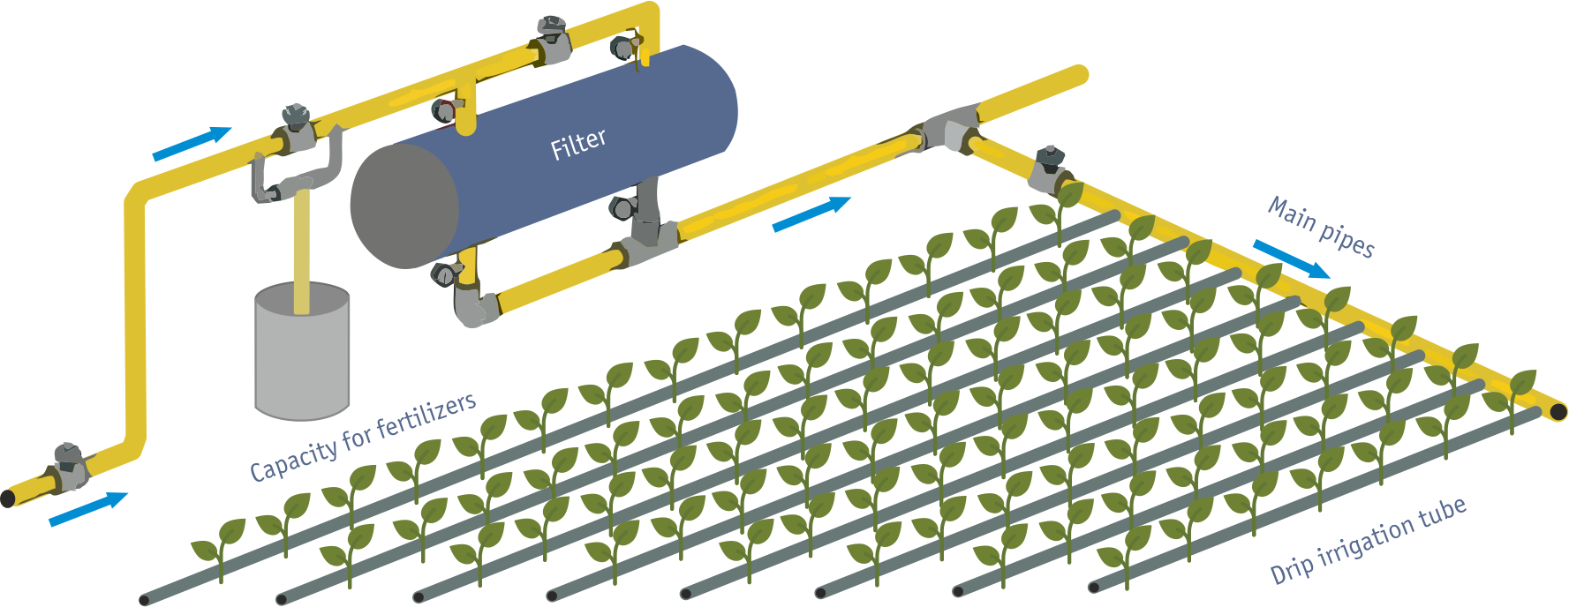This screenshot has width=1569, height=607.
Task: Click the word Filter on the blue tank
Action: click(578, 144)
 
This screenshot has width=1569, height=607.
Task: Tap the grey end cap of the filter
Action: click(403, 206)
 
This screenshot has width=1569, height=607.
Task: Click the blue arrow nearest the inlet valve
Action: click(88, 509)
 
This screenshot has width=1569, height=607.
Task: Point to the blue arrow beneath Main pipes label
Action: click(1291, 259)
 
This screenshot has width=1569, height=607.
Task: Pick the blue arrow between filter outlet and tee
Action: click(811, 214)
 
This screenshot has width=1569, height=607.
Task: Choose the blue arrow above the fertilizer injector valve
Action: click(192, 144)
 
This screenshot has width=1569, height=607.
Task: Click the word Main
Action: click(1292, 214)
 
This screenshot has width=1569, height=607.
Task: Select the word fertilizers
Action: click(426, 417)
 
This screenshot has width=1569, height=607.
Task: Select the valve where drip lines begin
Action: click(1050, 168)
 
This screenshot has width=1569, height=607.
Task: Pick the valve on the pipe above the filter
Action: click(552, 39)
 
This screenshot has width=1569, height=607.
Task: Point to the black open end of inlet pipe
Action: click(7, 498)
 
